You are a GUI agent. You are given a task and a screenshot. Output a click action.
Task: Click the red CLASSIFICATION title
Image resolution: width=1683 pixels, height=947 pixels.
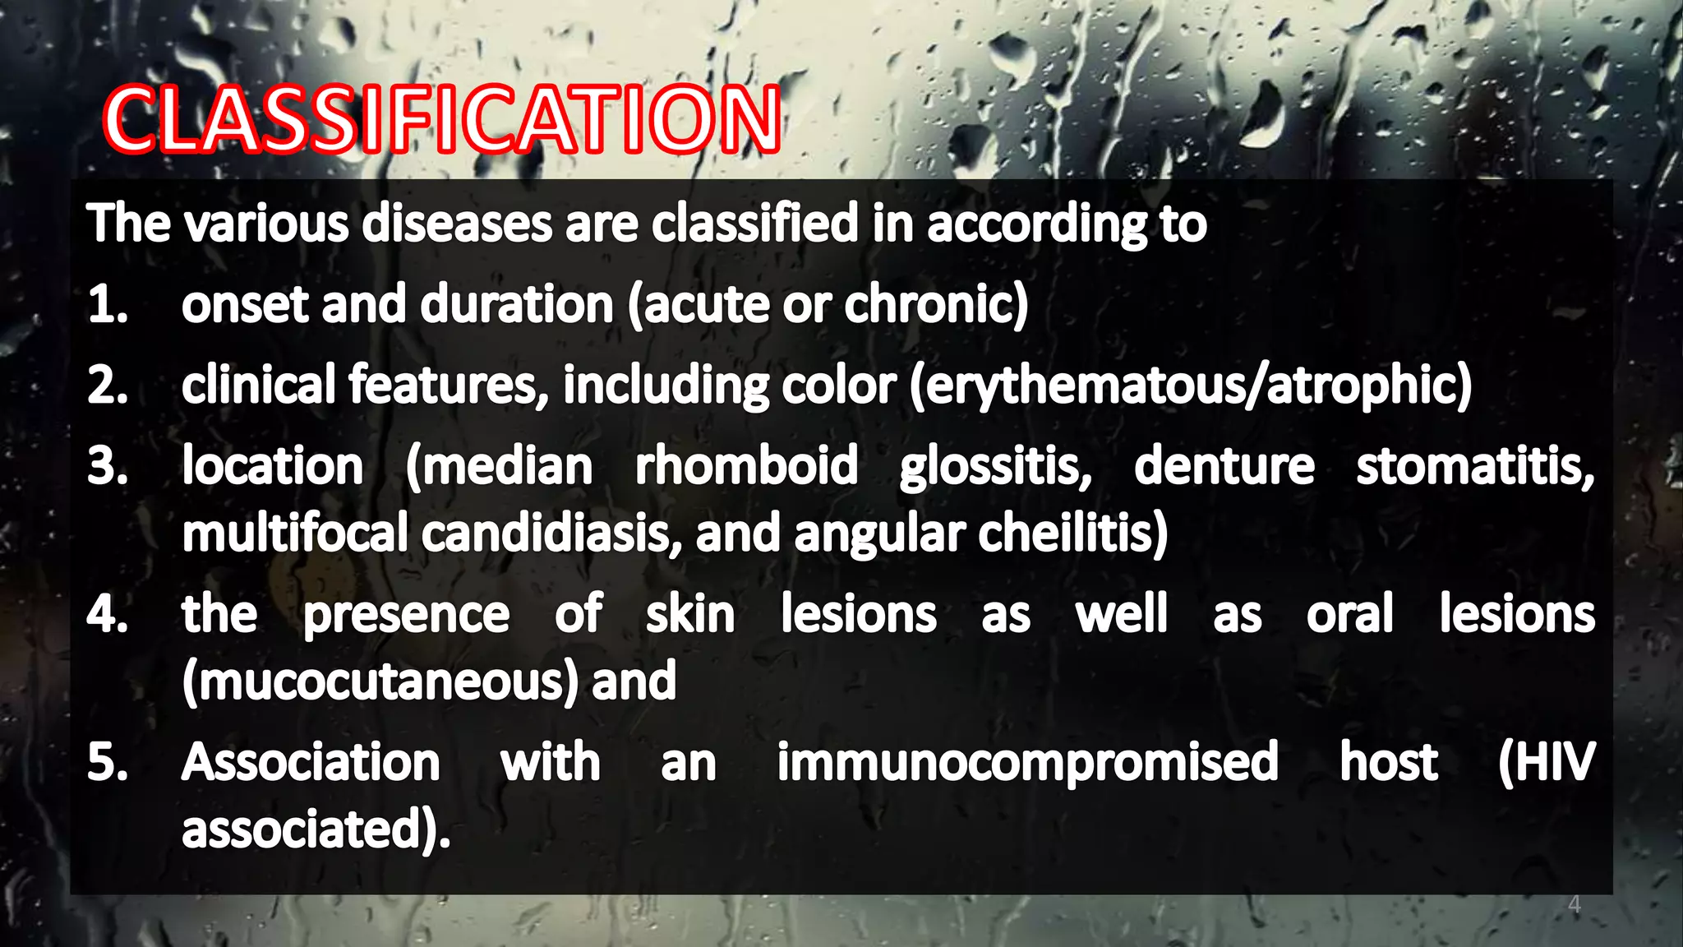coord(442,120)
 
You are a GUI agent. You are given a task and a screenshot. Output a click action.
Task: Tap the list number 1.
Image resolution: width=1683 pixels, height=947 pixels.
coord(108,305)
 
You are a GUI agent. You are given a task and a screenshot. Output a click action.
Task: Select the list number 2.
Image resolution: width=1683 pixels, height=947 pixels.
coord(108,386)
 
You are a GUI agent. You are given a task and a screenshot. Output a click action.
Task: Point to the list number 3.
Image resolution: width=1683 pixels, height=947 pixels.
coord(108,466)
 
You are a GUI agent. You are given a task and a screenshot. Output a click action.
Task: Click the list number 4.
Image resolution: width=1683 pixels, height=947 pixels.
coord(108,614)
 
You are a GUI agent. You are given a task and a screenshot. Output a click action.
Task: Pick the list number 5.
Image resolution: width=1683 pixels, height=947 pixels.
coord(108,762)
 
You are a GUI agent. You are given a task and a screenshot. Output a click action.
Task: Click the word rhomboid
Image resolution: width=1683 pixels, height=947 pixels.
coord(746,466)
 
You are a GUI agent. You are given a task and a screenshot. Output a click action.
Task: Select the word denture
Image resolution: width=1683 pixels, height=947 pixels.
coord(1224,466)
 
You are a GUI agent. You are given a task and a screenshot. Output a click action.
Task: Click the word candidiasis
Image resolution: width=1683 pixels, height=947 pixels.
coord(551,534)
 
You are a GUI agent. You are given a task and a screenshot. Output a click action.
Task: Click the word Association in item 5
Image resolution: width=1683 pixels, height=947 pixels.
coord(311,762)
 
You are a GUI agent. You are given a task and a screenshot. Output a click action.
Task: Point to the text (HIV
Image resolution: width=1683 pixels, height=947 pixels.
coord(1546,762)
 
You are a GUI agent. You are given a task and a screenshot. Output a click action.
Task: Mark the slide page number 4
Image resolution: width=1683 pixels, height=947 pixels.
coord(1574,905)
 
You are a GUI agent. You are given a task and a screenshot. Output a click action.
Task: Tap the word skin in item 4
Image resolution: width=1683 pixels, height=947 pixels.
coord(690,614)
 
